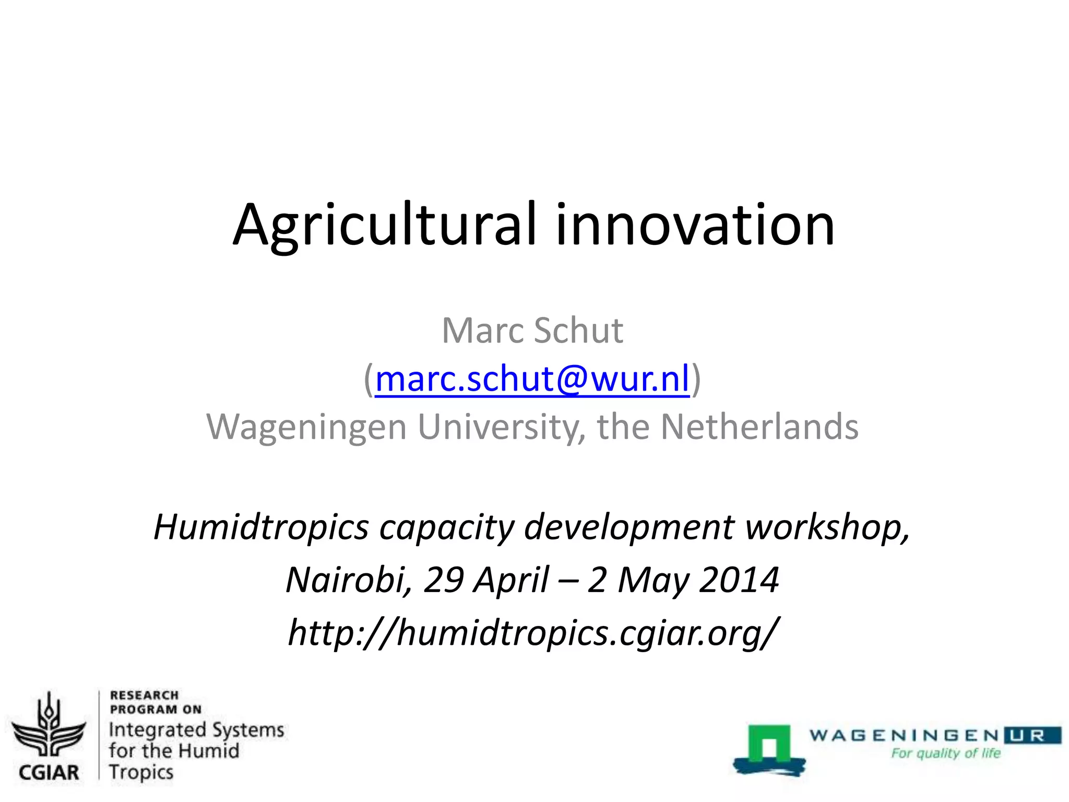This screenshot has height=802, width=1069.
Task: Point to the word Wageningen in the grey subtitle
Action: click(306, 427)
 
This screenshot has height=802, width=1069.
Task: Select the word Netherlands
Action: click(759, 427)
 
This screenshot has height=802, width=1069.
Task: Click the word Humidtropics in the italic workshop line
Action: click(262, 527)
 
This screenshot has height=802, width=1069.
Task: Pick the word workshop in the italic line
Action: click(827, 527)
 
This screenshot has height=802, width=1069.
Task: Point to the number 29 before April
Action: click(443, 580)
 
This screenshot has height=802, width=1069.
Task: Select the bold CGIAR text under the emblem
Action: click(49, 772)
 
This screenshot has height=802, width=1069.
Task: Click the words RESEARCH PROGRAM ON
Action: click(155, 702)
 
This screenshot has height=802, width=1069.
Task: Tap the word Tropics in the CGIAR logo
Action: click(141, 772)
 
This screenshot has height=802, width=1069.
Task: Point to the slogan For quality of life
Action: click(946, 753)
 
